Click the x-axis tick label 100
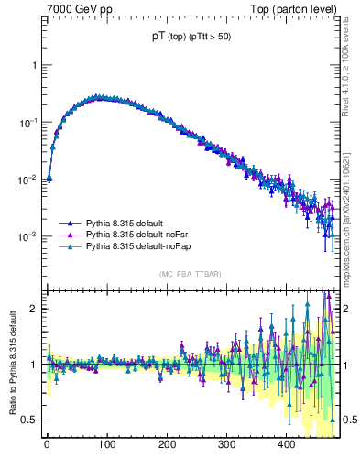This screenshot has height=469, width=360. [106, 443]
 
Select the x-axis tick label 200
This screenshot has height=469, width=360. [166, 443]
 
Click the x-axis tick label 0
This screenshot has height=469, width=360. [47, 443]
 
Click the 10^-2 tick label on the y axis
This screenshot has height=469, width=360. [29, 180]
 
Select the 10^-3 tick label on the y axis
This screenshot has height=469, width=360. [29, 236]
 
